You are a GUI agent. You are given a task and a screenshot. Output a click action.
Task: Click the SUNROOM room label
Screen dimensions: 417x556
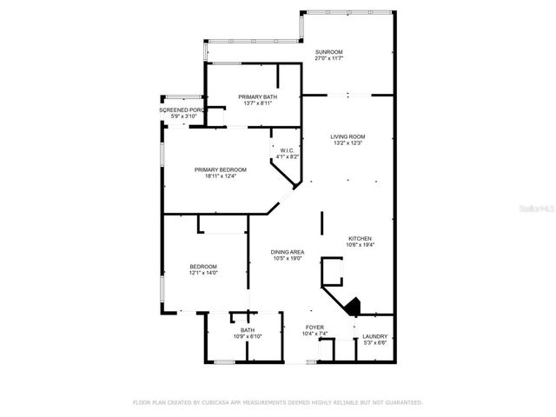[x=329, y=51]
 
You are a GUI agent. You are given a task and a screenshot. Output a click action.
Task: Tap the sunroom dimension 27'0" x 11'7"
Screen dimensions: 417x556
[x=329, y=58]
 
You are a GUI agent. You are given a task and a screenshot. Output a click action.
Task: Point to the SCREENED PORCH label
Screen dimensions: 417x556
[x=182, y=110]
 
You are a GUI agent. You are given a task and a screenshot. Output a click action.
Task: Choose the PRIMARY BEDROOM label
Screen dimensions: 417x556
[x=220, y=169]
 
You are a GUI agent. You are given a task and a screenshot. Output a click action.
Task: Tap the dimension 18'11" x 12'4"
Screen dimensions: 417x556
[x=220, y=176]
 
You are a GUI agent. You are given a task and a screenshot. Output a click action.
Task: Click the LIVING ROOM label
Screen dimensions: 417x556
[x=347, y=136]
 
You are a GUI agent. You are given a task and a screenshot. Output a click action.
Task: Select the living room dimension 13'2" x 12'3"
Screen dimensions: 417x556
[x=347, y=143]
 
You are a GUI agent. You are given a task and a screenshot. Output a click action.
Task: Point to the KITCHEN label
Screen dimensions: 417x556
[x=361, y=238]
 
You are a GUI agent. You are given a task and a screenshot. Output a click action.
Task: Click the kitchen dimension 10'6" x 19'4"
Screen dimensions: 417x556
[x=361, y=245]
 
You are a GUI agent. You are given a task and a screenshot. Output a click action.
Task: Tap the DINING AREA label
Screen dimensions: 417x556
[x=288, y=251]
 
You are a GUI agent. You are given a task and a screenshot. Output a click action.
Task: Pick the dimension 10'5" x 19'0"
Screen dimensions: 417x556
[x=288, y=258]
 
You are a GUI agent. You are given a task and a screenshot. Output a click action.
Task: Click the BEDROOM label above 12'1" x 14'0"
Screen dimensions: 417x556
[x=203, y=266]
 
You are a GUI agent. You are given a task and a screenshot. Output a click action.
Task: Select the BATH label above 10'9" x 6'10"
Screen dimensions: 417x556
[x=247, y=329]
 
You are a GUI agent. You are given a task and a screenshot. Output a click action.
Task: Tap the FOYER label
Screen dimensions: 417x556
[x=314, y=327]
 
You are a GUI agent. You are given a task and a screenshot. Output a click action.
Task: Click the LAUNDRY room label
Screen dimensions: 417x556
[x=375, y=336]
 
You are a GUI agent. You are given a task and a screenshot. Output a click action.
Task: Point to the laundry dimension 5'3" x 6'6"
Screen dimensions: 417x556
[x=375, y=343]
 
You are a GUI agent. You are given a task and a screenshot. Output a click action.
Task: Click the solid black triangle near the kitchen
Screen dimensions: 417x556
[x=352, y=307]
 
